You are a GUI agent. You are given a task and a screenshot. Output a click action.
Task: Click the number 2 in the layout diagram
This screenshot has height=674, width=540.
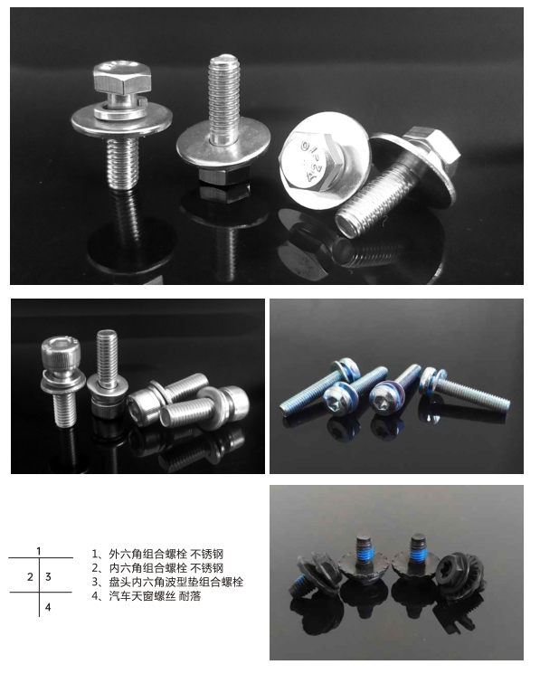pos(29,576)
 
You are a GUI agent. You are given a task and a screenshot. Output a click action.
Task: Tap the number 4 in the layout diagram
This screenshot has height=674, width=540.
pos(48,607)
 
